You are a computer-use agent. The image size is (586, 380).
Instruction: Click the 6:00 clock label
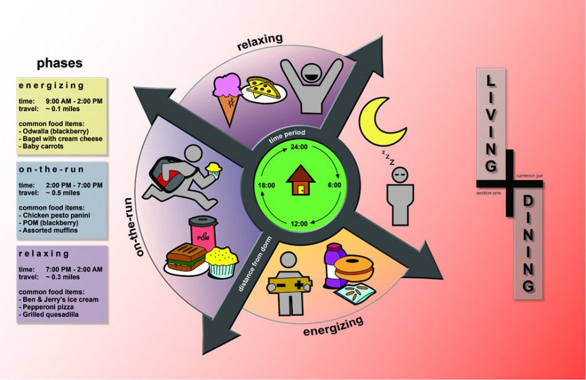click(x=334, y=184)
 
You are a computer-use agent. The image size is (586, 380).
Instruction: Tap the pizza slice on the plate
click(x=265, y=88)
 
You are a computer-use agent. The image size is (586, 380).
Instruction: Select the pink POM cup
click(x=203, y=234)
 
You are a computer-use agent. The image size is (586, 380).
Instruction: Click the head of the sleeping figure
click(x=401, y=175)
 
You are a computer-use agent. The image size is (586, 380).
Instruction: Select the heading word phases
click(x=59, y=63)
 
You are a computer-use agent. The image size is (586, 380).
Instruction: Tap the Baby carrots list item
click(x=43, y=146)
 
